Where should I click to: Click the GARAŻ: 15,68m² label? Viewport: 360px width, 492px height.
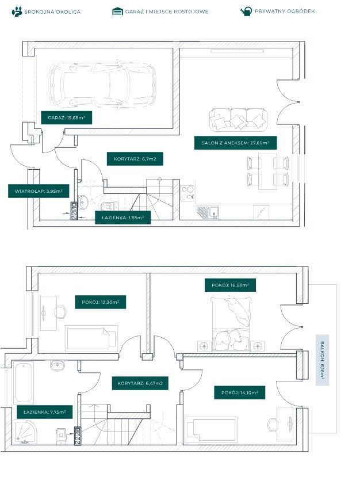[67, 118]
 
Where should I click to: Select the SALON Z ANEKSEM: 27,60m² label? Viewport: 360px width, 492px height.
[235, 143]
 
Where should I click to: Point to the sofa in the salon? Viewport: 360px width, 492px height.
[238, 120]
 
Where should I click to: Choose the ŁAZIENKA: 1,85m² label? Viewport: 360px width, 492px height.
[122, 218]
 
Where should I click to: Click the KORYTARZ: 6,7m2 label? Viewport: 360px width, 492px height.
[135, 158]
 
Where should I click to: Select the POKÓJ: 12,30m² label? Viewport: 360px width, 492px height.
[101, 302]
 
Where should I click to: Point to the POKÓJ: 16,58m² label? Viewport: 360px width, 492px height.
[229, 285]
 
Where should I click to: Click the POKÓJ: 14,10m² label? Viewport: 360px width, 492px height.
[239, 393]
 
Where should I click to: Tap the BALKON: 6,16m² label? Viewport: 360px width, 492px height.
[322, 360]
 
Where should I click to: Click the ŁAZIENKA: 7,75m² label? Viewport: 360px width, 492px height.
[44, 412]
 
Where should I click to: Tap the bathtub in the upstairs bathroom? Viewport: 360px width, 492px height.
[24, 383]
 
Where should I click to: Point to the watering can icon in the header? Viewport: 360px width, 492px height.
[246, 12]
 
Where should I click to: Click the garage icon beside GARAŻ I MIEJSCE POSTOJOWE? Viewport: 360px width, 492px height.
[117, 12]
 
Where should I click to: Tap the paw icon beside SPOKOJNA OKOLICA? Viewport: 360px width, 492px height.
[17, 12]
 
